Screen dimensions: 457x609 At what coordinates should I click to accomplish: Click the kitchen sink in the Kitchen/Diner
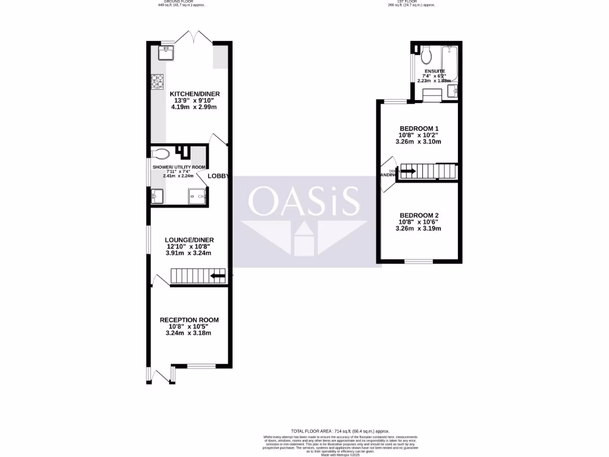tap(166, 54)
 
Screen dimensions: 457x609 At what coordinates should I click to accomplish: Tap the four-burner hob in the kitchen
tap(158, 81)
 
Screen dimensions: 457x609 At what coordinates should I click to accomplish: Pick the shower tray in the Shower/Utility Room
tap(197, 196)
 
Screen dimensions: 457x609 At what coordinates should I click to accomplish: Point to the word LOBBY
tap(218, 176)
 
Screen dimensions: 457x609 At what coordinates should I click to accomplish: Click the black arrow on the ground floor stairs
tap(218, 276)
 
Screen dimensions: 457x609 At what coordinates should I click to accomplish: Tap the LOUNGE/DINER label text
tap(189, 240)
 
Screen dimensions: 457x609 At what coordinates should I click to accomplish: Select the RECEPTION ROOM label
tap(189, 320)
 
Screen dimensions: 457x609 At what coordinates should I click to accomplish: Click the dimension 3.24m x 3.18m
tap(189, 333)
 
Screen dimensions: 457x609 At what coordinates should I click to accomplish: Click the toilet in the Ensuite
tap(425, 56)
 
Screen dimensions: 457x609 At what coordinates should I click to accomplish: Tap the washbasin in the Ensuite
tap(451, 90)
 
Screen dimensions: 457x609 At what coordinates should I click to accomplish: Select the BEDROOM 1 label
tap(419, 129)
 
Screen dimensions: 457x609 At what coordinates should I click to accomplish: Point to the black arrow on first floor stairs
tap(408, 172)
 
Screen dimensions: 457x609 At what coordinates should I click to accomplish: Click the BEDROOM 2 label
tap(419, 215)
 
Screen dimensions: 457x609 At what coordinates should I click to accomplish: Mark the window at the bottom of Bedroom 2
tap(419, 261)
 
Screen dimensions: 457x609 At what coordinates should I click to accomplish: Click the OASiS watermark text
tap(303, 201)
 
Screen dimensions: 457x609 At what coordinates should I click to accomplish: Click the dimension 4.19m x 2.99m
tap(194, 107)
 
